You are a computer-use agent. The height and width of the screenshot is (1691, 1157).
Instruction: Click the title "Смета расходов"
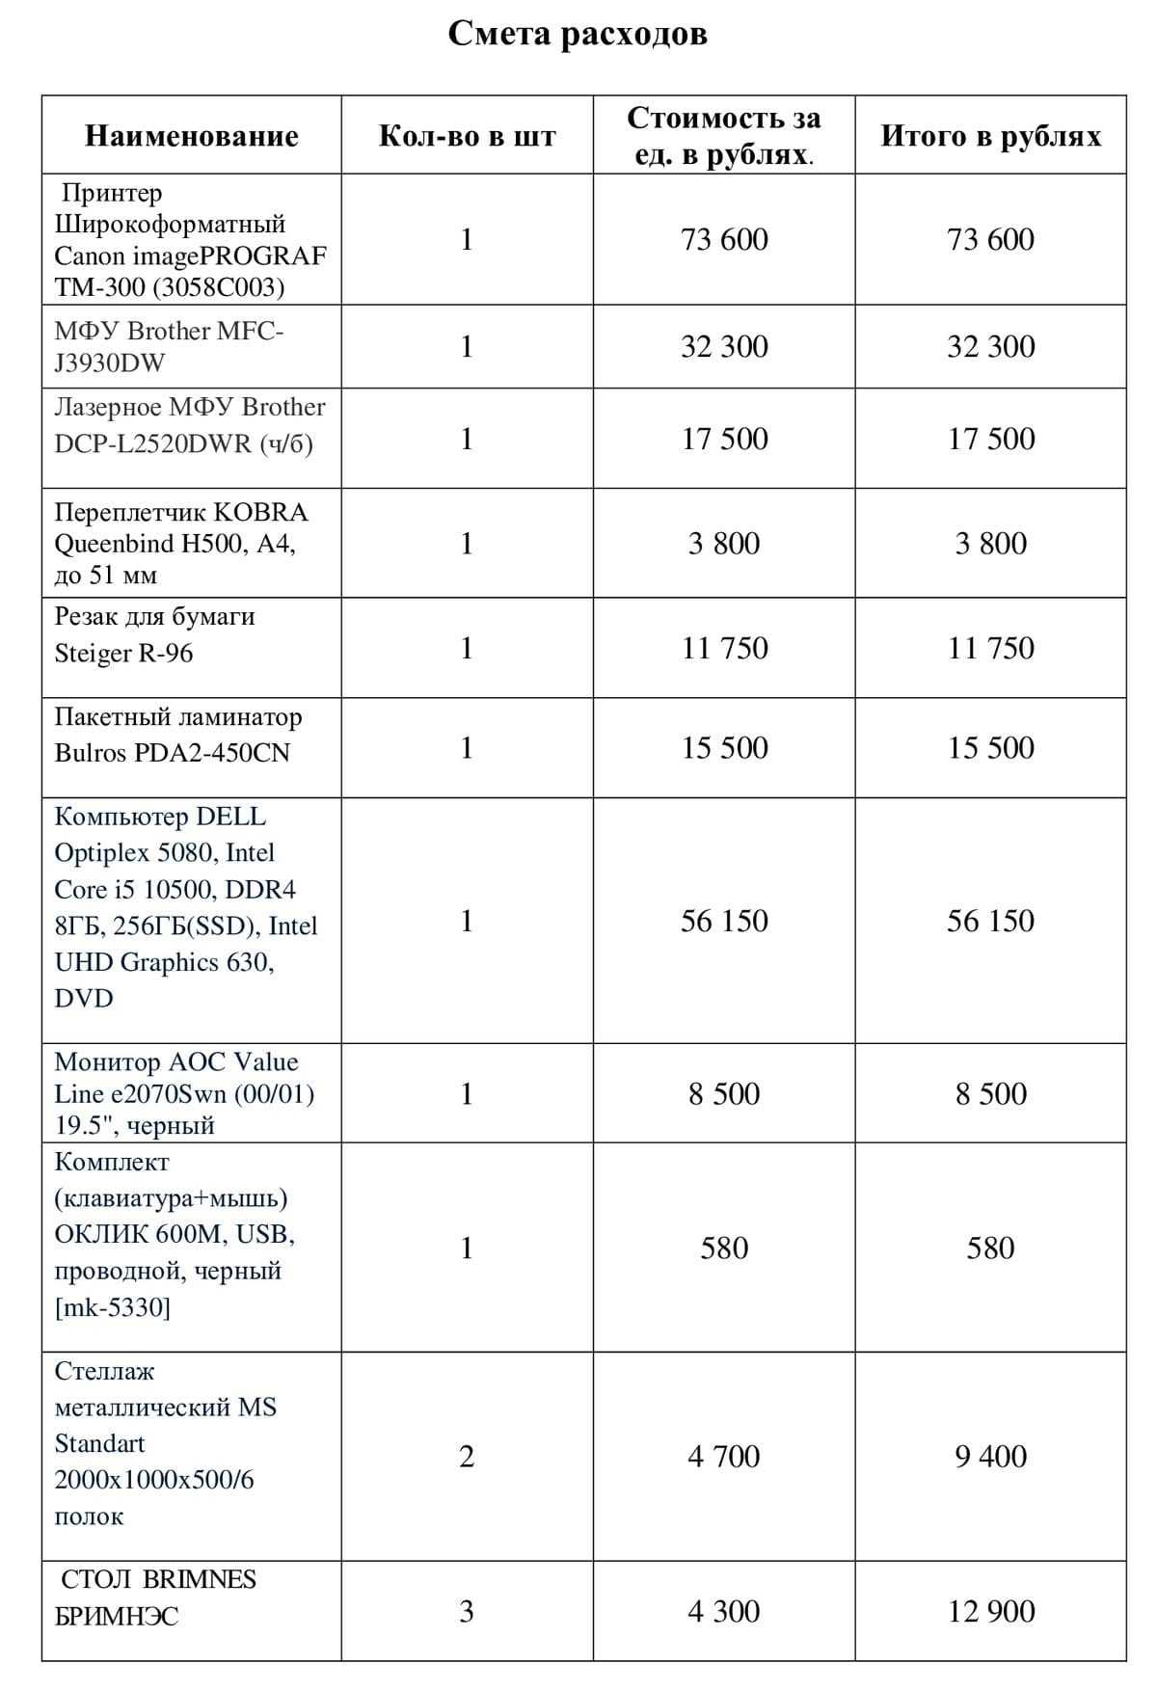578,34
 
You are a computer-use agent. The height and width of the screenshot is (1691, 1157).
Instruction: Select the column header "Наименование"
191,136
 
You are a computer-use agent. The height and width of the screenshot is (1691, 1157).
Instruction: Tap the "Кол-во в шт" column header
467,136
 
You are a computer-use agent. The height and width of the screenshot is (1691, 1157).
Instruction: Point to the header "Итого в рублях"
990,136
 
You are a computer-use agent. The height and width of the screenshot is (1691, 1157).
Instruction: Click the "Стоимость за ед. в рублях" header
723,135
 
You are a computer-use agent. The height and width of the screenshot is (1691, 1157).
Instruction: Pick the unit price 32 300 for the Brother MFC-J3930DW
724,346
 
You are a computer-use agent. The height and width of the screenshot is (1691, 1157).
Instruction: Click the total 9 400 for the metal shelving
990,1456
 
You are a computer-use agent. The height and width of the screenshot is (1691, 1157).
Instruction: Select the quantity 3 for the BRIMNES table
467,1611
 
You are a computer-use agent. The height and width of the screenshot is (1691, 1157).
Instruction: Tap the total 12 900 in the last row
990,1611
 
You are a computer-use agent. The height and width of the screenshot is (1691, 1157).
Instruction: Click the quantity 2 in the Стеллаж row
467,1456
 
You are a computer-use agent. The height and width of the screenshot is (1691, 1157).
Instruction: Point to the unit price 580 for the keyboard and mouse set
724,1248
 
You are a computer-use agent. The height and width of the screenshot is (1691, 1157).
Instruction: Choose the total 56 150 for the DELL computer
990,921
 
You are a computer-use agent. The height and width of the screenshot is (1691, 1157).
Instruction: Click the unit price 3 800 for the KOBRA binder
724,544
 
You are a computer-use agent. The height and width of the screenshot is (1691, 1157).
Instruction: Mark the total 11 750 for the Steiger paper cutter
990,648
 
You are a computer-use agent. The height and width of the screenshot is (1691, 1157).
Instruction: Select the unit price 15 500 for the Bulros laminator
724,747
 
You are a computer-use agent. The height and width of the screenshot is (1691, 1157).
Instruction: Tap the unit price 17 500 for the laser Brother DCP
724,439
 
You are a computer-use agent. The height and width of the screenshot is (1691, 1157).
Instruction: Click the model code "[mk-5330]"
112,1307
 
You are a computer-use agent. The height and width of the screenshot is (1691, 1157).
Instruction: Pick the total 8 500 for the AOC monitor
990,1093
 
